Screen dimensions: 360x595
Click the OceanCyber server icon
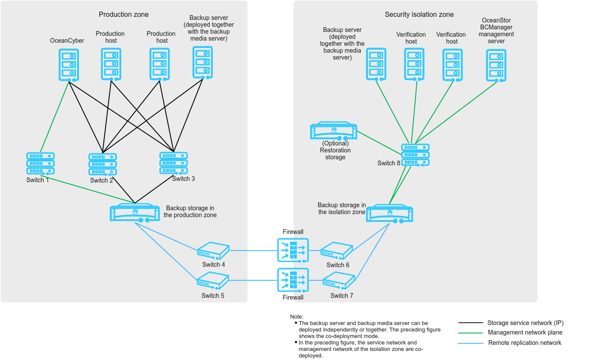coord(69,64)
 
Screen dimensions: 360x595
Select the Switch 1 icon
coord(40,163)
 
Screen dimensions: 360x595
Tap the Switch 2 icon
coord(103,164)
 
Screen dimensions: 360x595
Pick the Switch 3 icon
coord(173,163)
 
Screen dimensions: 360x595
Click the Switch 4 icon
coord(213,250)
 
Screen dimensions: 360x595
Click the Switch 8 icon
coord(416,155)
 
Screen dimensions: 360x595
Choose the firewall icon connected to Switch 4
coord(293,250)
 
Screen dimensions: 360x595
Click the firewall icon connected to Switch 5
coord(293,281)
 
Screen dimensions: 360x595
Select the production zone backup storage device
coord(135,212)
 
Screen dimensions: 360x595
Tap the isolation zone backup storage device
coord(389,213)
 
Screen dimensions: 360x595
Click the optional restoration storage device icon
coord(334,131)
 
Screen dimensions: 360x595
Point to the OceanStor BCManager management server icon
coord(496,65)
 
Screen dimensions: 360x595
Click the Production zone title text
coord(124,15)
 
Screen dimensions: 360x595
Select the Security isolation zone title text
coord(419,15)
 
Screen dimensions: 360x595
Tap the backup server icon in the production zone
coord(203,63)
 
